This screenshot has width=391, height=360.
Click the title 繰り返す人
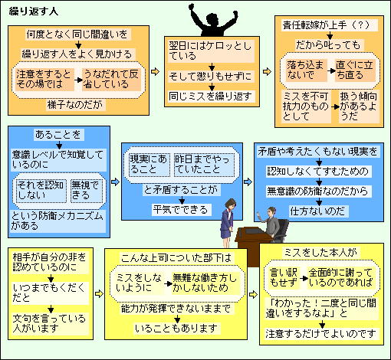34,11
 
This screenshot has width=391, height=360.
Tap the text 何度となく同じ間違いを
77,34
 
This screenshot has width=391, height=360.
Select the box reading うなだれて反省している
111,80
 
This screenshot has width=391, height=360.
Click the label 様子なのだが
75,105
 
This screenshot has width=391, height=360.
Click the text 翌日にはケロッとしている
211,51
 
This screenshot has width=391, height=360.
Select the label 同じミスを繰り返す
211,97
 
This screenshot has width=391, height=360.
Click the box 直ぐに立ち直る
355,70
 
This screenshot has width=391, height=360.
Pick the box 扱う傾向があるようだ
359,106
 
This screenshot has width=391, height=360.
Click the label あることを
58,135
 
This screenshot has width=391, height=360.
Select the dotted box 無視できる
86,190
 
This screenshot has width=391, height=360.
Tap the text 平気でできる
181,210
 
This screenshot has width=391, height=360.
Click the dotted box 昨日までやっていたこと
204,165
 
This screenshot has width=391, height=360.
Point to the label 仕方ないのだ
317,211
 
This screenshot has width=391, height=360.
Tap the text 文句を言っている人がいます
50,323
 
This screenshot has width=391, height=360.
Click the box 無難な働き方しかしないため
205,283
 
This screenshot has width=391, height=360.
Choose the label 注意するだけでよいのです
321,333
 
